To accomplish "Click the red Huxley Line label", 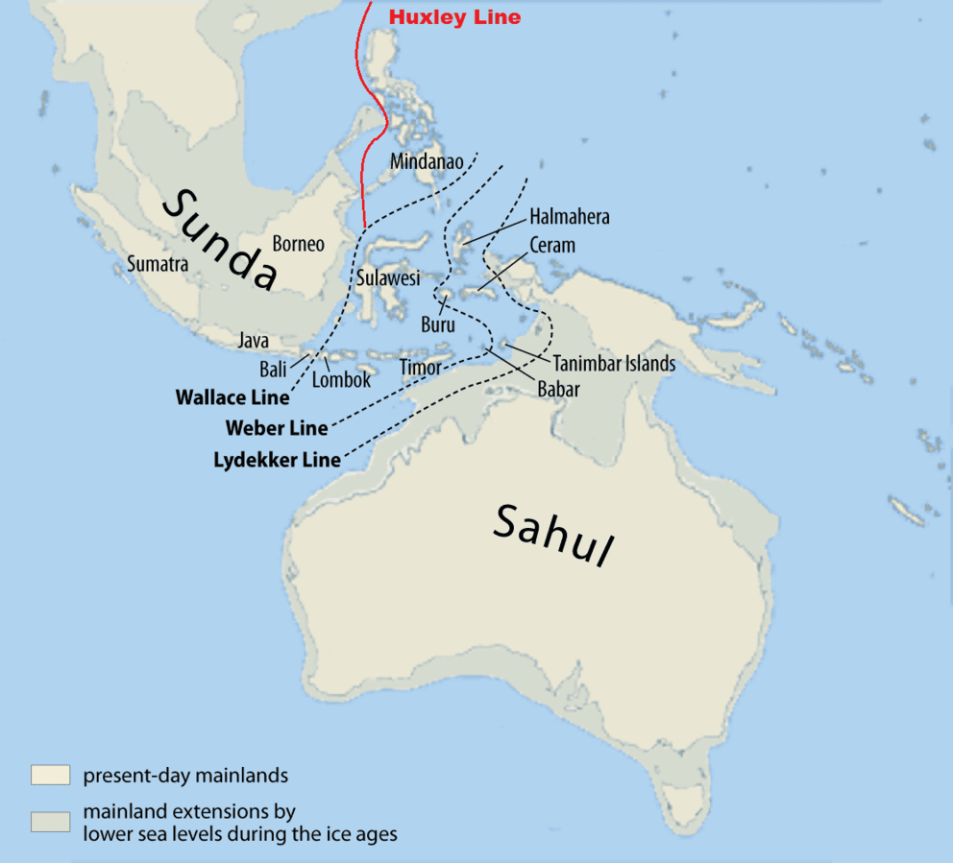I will pyautogui.click(x=453, y=17).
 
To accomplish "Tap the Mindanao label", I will pyautogui.click(x=427, y=161).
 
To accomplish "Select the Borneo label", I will pyautogui.click(x=298, y=244).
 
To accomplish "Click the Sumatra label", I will pyautogui.click(x=158, y=264).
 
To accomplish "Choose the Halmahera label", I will pyautogui.click(x=569, y=218).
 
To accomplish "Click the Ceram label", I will pyautogui.click(x=552, y=246).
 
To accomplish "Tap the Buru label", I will pyautogui.click(x=438, y=324).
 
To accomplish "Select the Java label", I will pyautogui.click(x=254, y=340).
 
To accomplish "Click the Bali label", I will pyautogui.click(x=272, y=369).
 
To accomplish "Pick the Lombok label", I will pyautogui.click(x=341, y=379).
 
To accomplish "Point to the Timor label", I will pyautogui.click(x=420, y=368).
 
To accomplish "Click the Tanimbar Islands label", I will pyautogui.click(x=614, y=364).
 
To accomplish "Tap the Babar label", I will pyautogui.click(x=557, y=390).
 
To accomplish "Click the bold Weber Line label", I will pyautogui.click(x=277, y=428).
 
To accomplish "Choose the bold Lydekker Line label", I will pyautogui.click(x=277, y=460).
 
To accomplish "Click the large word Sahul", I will pyautogui.click(x=553, y=535).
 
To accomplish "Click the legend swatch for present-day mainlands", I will pyautogui.click(x=50, y=775).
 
